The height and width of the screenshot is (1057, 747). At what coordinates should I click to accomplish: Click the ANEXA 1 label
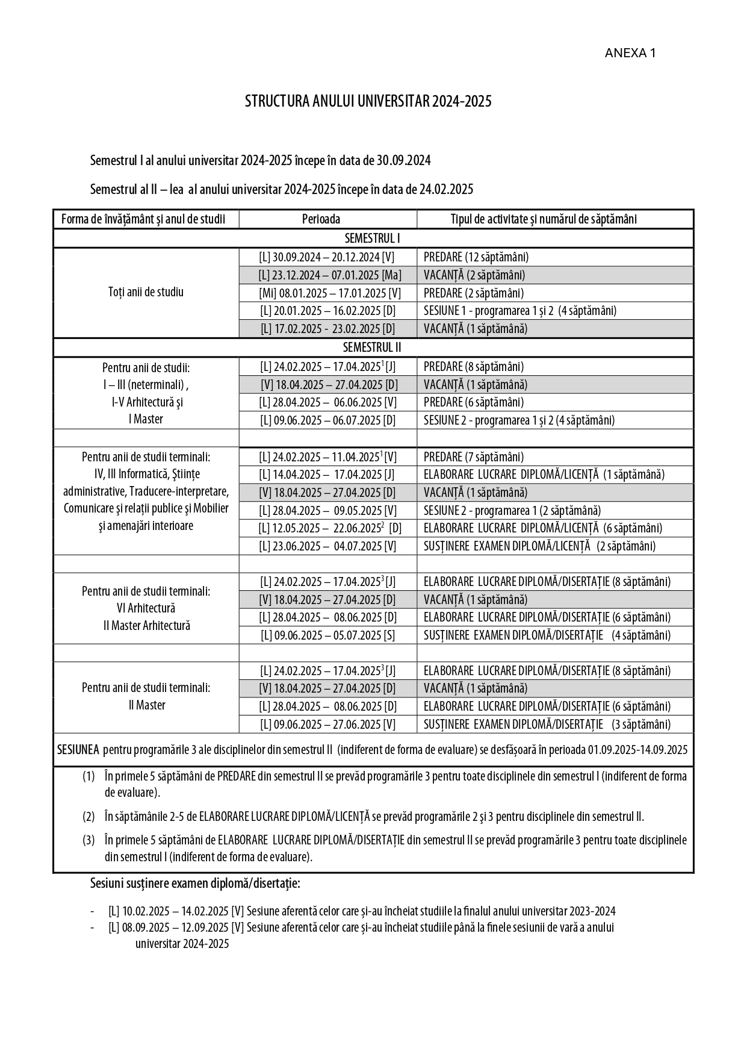(630, 53)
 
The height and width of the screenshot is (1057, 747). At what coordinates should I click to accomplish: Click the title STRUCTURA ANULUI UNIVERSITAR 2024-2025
(368, 101)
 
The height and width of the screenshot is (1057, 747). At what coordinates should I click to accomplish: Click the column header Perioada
(321, 219)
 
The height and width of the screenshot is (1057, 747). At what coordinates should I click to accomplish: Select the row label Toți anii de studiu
(146, 292)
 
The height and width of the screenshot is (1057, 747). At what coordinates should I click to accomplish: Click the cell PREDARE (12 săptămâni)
(476, 257)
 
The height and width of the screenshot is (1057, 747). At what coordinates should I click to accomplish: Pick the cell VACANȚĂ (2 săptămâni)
(474, 275)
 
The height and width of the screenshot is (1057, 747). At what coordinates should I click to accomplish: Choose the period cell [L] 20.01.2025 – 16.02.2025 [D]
(327, 311)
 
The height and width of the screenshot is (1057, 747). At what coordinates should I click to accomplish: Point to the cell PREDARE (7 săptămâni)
(473, 457)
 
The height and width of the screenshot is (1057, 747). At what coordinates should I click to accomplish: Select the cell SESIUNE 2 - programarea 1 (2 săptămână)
(512, 511)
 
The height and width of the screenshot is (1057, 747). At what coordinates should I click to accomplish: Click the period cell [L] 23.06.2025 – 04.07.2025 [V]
(327, 546)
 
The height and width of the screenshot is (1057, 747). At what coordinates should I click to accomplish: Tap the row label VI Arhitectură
(146, 608)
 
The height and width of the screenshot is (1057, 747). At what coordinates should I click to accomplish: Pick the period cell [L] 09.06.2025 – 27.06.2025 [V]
(327, 725)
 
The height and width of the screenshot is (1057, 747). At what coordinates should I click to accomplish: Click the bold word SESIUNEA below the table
(78, 750)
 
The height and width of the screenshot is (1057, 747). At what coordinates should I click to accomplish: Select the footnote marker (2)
(89, 817)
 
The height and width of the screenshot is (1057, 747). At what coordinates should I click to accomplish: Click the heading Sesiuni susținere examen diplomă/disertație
(195, 884)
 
